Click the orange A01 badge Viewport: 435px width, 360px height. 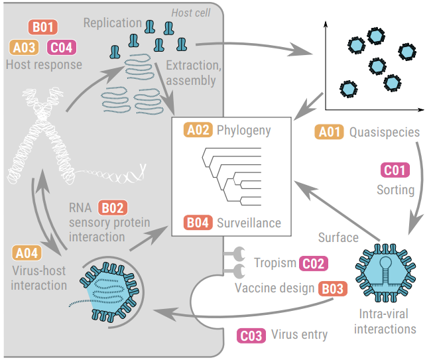click(x=330, y=132)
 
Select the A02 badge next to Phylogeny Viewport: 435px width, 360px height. click(x=198, y=130)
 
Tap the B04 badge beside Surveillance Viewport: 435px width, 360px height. click(x=198, y=223)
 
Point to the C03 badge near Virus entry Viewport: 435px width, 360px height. click(x=253, y=334)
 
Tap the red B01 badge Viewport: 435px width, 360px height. click(x=44, y=29)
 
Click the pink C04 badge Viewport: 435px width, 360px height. click(x=62, y=47)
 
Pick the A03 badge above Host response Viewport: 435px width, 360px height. click(x=25, y=47)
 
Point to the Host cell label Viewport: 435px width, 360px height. click(x=192, y=13)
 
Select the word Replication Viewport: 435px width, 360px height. click(x=112, y=23)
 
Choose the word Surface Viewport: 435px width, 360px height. click(x=338, y=237)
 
